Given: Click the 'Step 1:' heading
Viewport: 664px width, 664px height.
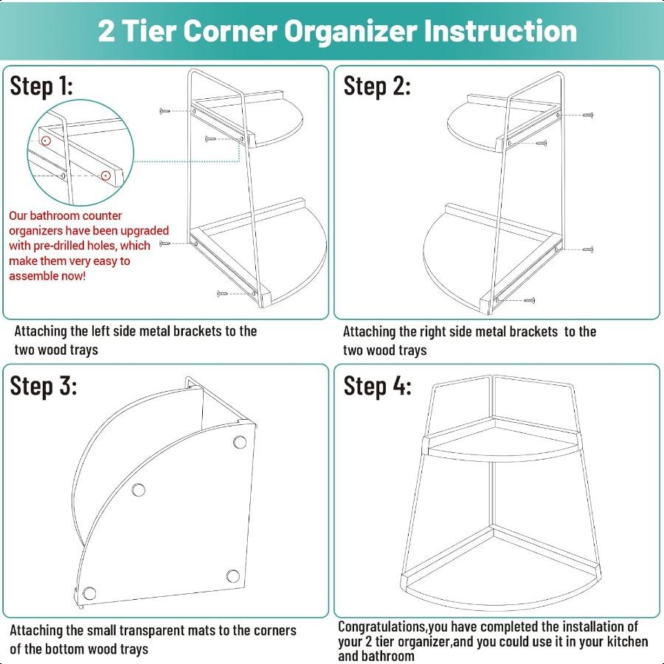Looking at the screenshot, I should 41,86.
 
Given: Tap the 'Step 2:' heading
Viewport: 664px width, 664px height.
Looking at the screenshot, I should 377,86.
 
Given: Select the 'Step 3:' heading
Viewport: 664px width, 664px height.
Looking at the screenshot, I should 43,385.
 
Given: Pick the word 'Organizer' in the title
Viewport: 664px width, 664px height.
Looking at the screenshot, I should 355,31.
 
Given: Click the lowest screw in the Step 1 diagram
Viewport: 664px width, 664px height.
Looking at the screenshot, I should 224,293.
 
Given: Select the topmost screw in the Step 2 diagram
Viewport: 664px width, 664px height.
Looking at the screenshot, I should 587,115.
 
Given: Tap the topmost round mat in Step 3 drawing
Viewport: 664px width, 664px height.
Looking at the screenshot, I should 239,442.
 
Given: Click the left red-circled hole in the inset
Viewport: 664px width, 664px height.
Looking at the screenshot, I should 46,139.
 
